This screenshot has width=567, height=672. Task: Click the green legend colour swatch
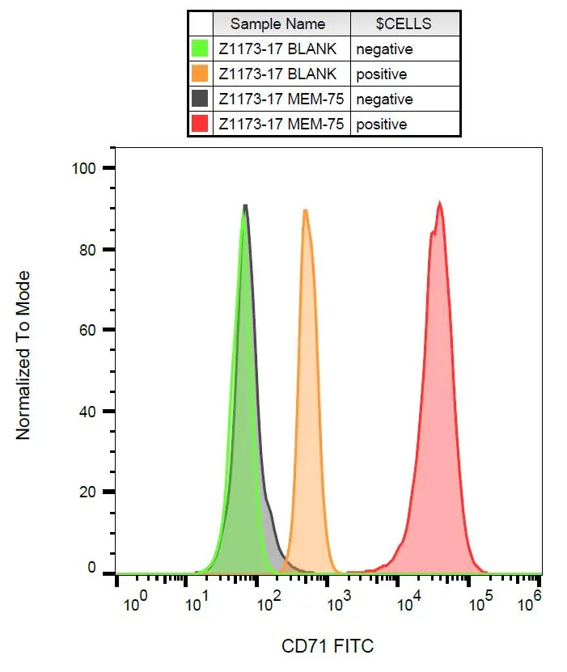200,49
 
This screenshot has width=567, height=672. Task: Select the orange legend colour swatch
200,74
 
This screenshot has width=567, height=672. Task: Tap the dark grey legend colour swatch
200,99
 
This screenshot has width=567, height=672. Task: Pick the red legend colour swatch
200,125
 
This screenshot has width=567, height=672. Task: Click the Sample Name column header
277,23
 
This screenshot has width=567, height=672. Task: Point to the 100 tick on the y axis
84,168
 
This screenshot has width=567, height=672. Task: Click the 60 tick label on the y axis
87,330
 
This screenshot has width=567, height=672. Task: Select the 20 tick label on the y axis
87,492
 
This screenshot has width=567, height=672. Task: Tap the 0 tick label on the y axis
91,568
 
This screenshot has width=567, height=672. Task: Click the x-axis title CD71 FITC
328,647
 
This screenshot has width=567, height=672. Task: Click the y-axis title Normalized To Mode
23,356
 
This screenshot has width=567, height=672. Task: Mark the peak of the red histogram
439,203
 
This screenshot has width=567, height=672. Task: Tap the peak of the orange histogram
306,210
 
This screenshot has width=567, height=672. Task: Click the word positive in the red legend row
381,125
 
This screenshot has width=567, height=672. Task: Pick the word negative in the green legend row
384,49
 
